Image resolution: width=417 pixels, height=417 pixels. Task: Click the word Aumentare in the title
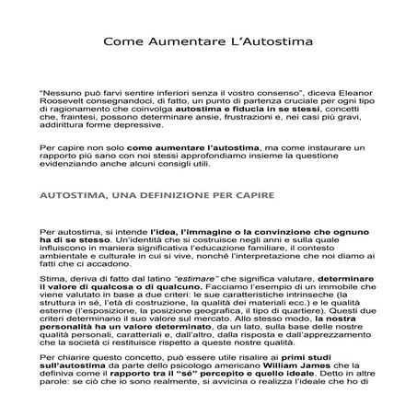pos(203,41)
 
